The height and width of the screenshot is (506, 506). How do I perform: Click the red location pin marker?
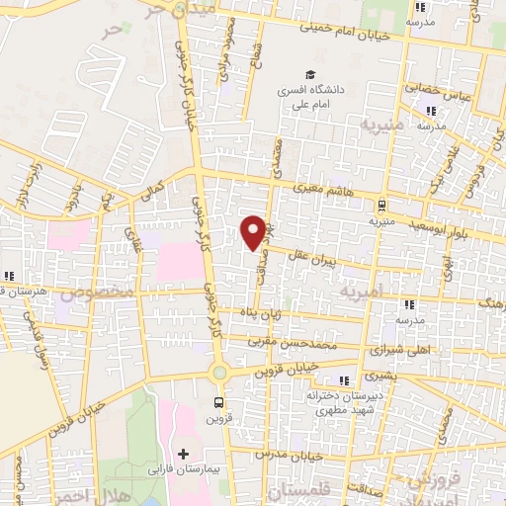click(x=254, y=231)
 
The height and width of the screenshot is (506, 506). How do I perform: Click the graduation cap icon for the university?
click(x=310, y=75)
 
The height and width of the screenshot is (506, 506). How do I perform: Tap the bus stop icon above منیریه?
click(x=381, y=206)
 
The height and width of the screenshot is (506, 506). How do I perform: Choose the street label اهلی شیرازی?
click(x=394, y=351)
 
